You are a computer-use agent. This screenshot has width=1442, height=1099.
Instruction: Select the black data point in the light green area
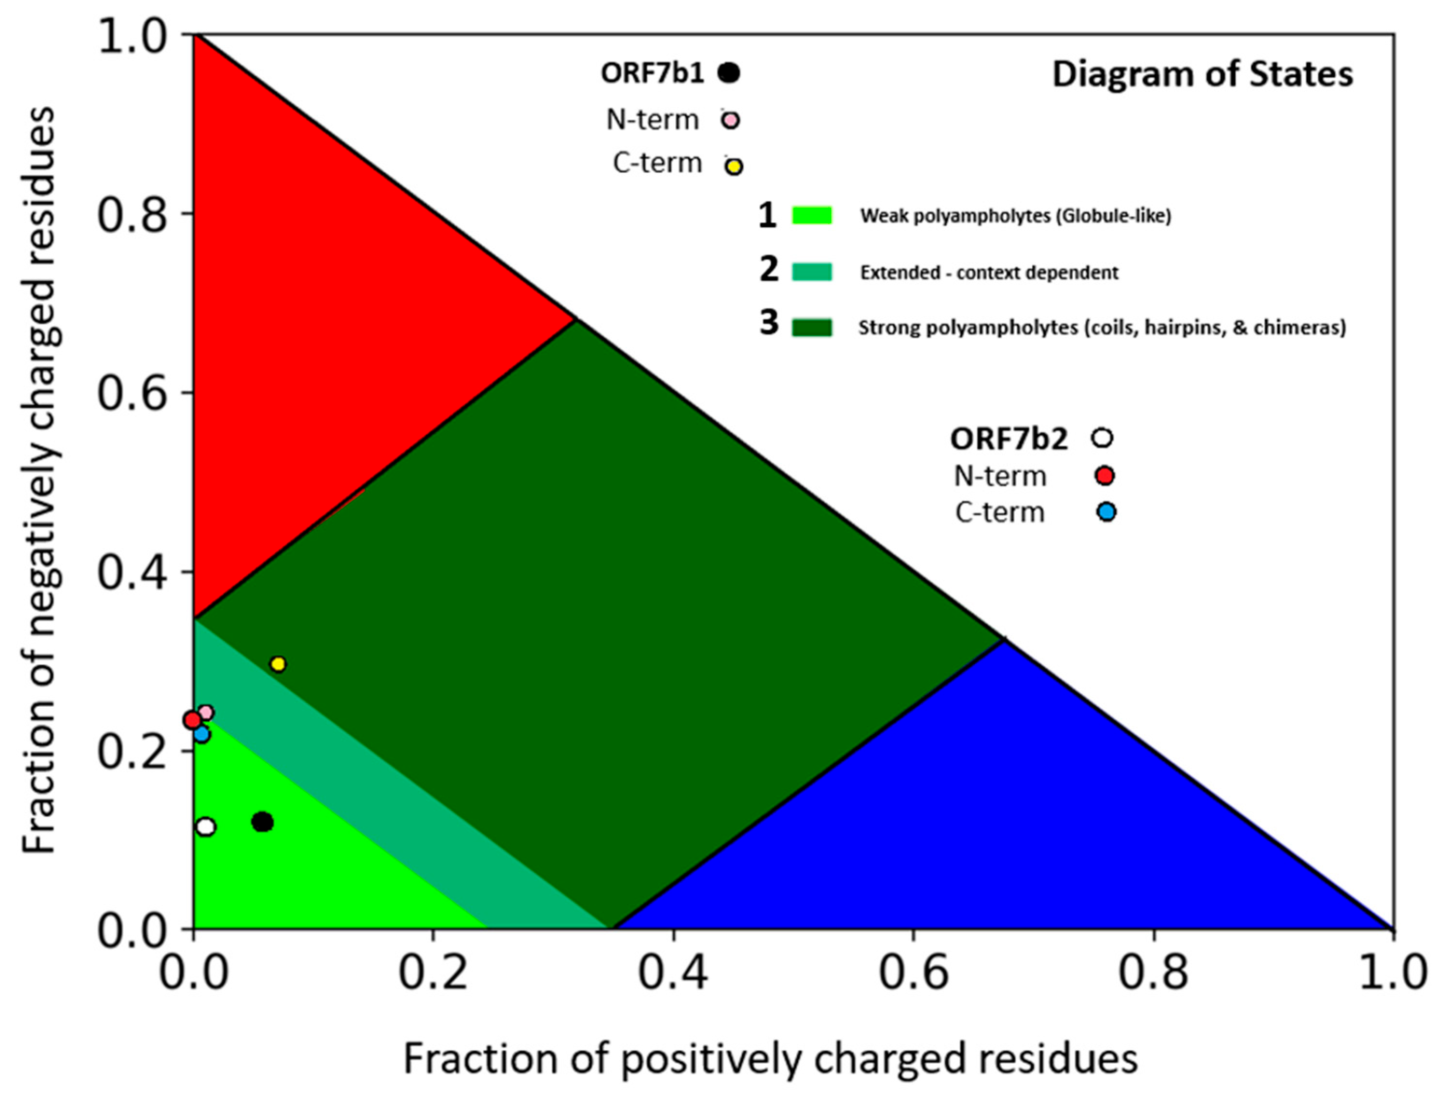pyautogui.click(x=262, y=822)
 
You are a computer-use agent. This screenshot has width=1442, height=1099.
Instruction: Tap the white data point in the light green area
pyautogui.click(x=205, y=827)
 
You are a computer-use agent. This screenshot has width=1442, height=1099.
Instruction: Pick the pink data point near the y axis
pyautogui.click(x=205, y=713)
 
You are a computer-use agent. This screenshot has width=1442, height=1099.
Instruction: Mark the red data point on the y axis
pyautogui.click(x=192, y=720)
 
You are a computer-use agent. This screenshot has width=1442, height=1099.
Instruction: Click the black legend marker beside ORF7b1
pyautogui.click(x=728, y=72)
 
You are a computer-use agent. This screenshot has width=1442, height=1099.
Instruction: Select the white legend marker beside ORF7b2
pyautogui.click(x=1102, y=438)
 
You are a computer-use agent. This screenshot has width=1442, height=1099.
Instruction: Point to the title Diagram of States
pyautogui.click(x=1202, y=74)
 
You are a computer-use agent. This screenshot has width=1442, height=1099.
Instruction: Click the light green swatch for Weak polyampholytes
pyautogui.click(x=812, y=216)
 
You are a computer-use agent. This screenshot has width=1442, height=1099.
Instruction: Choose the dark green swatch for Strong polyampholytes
pyautogui.click(x=812, y=327)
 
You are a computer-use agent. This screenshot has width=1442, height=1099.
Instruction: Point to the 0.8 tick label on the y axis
pyautogui.click(x=131, y=213)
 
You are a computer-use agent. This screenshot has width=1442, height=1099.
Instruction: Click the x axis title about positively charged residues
pyautogui.click(x=770, y=1058)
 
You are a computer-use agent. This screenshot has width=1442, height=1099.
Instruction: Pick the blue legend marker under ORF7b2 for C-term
pyautogui.click(x=1106, y=512)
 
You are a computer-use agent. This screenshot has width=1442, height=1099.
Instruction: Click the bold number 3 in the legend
pyautogui.click(x=769, y=323)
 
